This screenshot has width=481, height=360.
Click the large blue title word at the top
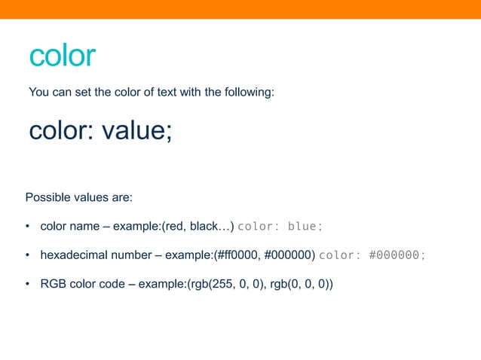click(62, 56)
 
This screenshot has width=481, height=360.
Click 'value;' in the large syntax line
click(137, 131)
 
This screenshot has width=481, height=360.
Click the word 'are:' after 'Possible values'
click(121, 198)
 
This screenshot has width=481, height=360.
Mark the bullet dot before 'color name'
click(28, 227)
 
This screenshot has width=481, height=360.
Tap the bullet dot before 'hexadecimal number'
click(28, 255)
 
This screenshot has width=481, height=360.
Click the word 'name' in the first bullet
click(84, 227)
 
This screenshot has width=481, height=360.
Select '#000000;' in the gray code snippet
click(397, 255)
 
